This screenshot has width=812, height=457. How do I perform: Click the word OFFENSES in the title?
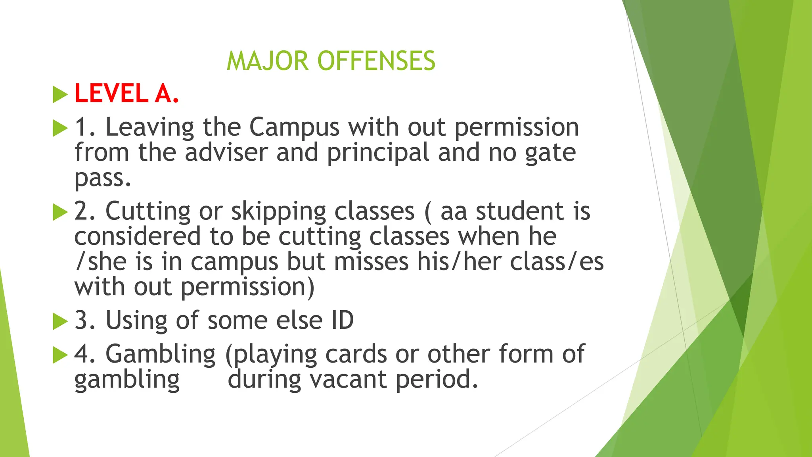point(376,61)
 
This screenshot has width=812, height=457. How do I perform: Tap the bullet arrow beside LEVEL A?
point(60,95)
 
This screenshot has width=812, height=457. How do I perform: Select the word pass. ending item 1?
point(102,179)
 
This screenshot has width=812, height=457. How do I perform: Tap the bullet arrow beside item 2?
point(60,212)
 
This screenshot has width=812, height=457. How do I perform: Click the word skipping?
point(279,211)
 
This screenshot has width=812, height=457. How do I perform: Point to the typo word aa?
point(454,211)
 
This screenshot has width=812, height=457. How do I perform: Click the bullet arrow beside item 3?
point(60,321)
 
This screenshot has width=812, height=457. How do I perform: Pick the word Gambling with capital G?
point(161,354)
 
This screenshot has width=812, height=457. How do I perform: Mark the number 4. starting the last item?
point(85,354)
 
